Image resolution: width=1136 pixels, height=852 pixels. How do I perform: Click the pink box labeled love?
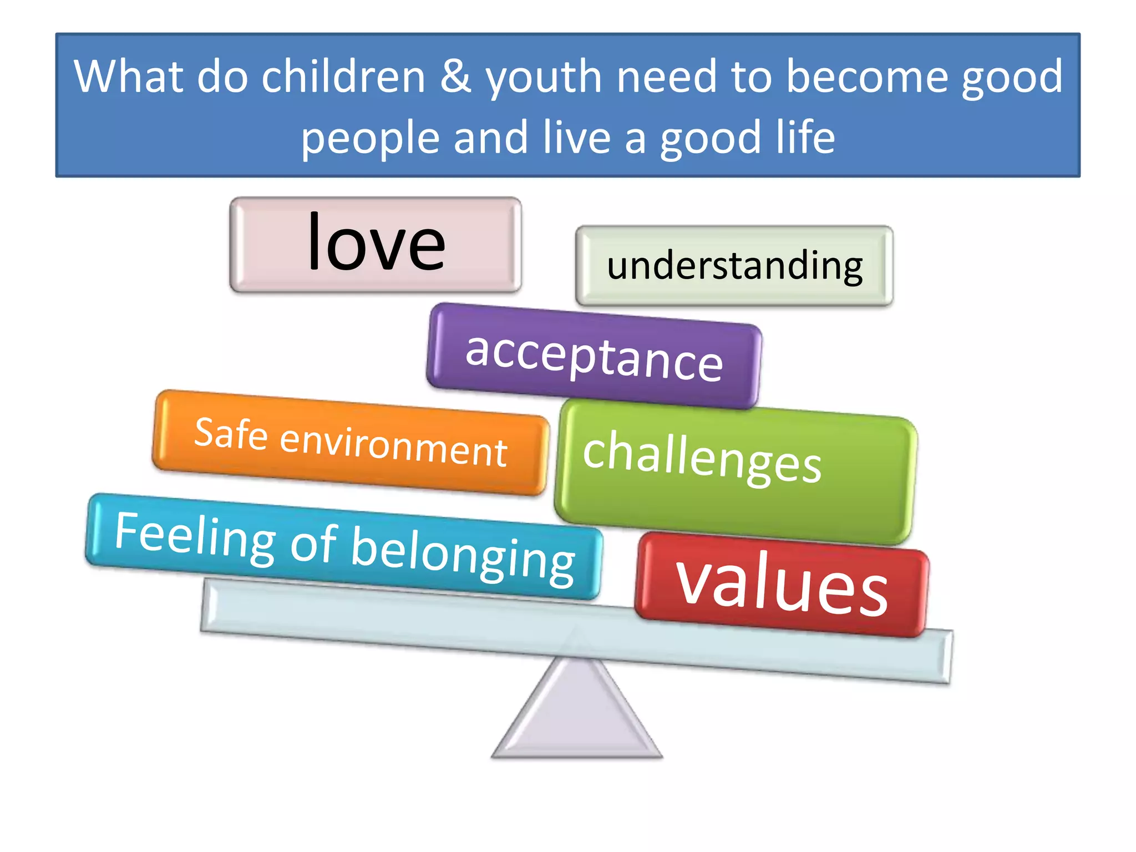click(x=376, y=245)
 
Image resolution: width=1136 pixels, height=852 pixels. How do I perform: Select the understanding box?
click(x=734, y=266)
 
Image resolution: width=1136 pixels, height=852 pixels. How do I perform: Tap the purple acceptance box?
click(x=594, y=356)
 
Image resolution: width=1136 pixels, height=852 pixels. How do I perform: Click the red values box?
click(x=782, y=585)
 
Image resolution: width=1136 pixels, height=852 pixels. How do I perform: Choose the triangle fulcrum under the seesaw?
click(x=577, y=716)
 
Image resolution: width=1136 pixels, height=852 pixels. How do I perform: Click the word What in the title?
click(x=128, y=77)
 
